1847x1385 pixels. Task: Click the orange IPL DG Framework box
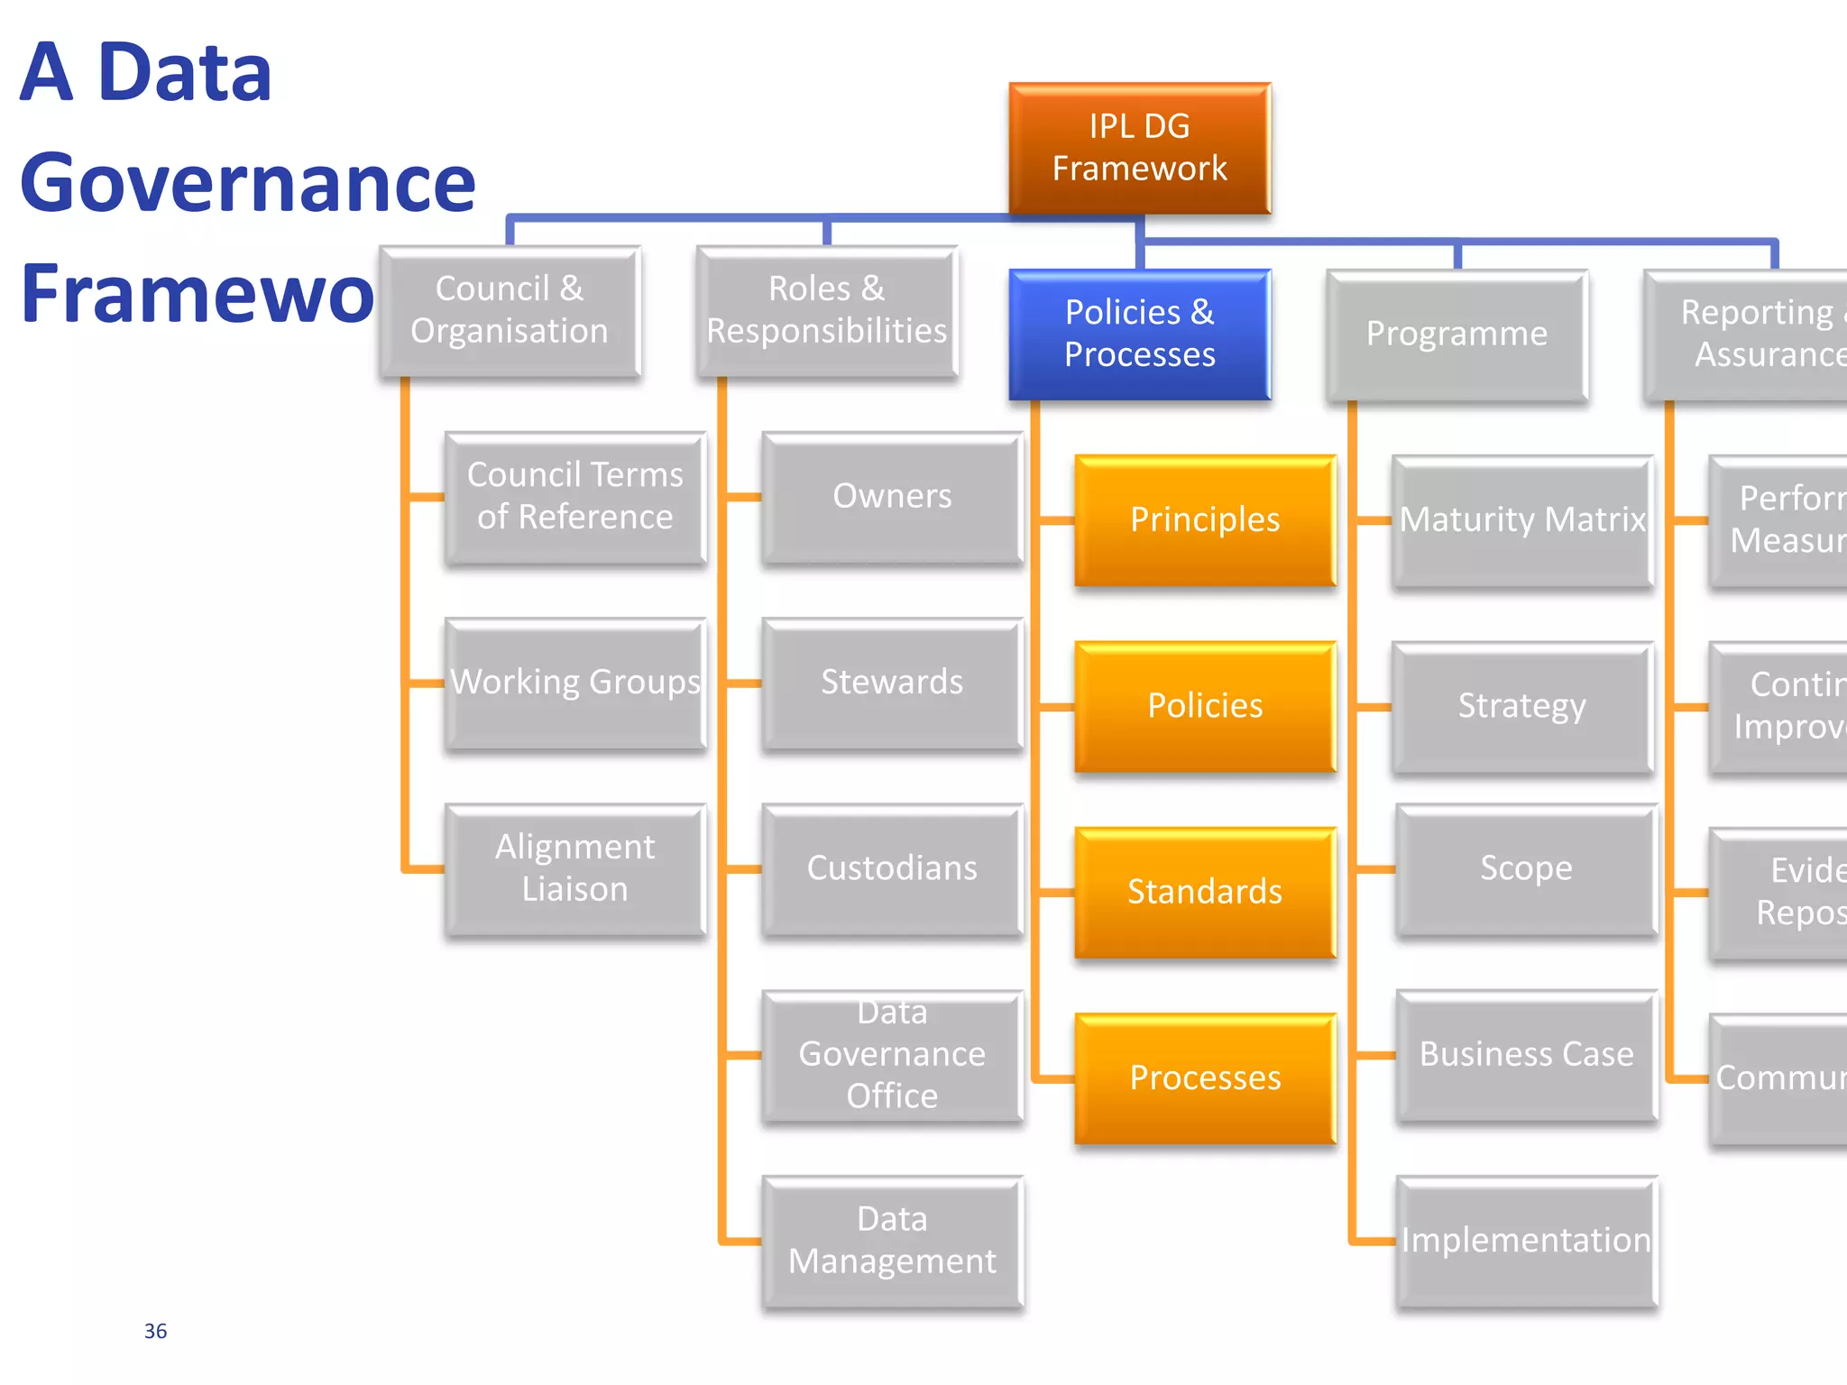click(1139, 148)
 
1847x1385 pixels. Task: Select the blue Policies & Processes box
click(1139, 334)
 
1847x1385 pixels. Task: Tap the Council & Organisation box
click(510, 310)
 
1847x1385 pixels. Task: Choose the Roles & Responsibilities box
click(826, 310)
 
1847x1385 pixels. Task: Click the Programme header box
click(1456, 334)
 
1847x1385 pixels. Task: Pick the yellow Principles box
click(1205, 519)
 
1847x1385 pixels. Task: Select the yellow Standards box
click(1205, 892)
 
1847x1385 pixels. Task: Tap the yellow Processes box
click(1205, 1078)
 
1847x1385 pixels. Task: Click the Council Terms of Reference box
click(574, 497)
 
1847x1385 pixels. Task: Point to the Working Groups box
click(574, 683)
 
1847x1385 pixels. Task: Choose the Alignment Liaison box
click(574, 868)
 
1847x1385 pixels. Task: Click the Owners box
click(892, 497)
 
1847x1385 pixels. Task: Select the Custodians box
click(892, 868)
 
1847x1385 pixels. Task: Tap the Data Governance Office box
click(892, 1055)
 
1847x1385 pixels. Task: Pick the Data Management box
click(892, 1241)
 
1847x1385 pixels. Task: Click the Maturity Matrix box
click(1522, 520)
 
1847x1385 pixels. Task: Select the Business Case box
click(1526, 1055)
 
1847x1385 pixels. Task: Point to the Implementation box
click(1526, 1241)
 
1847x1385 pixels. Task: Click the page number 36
click(155, 1331)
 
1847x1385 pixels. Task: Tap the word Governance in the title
click(247, 183)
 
